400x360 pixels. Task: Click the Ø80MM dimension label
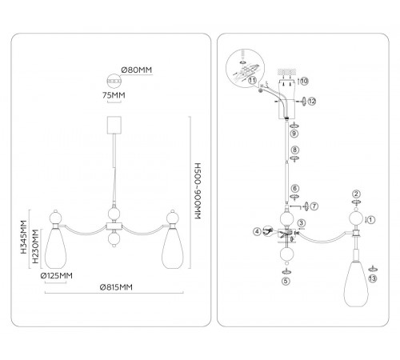tap(136, 70)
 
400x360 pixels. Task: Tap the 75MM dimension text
tap(114, 95)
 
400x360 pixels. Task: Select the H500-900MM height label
tap(198, 191)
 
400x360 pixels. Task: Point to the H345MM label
tap(24, 237)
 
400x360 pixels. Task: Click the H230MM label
tap(35, 246)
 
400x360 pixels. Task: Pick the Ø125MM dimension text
tap(57, 275)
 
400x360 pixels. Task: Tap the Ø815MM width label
tap(116, 287)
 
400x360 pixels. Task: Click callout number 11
tap(252, 80)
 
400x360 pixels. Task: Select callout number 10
tap(304, 81)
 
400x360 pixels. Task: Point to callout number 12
tap(312, 101)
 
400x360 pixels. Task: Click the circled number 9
tap(294, 134)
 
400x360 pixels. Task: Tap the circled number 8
tap(294, 150)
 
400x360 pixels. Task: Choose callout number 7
tap(314, 206)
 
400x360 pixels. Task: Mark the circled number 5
tap(286, 281)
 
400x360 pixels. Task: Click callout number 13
tap(373, 278)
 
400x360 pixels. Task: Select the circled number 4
tap(257, 231)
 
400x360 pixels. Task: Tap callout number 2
tap(356, 194)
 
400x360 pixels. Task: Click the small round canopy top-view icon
tap(114, 81)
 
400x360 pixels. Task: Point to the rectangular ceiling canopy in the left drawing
tap(114, 125)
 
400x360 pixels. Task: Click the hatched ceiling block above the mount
tap(287, 72)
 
